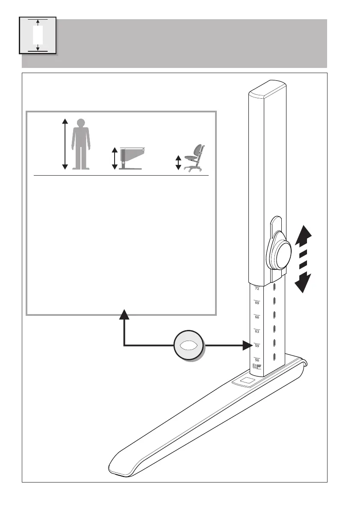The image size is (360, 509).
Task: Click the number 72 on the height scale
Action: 257,289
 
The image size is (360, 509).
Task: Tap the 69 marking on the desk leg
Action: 257,303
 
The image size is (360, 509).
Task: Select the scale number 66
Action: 257,317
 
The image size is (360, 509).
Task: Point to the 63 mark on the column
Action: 257,331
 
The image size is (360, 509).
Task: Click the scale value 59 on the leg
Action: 257,345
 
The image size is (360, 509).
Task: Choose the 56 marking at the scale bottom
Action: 257,360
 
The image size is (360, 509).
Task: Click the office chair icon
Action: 195,158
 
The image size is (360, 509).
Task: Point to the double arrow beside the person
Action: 65,144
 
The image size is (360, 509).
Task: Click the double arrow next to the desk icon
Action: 115,159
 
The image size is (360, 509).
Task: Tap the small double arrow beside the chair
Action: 178,163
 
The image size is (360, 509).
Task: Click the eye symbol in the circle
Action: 189,345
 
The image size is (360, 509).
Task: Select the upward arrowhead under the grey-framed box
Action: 124,315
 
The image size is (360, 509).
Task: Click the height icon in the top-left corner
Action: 38,35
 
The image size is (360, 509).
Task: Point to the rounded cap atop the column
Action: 268,88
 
